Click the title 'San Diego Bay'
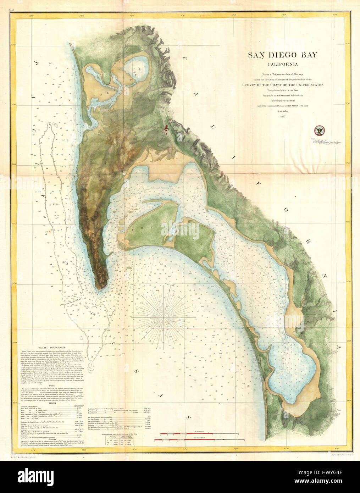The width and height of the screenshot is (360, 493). [282, 55]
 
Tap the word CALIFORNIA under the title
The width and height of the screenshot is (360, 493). [282, 64]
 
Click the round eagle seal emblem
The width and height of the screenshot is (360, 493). [321, 131]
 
